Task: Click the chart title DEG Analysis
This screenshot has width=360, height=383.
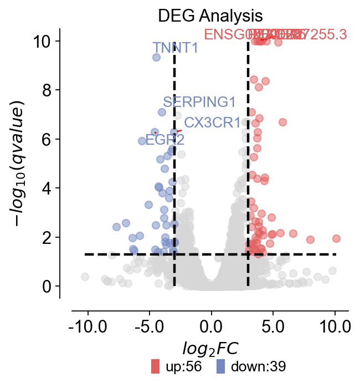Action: coord(210,15)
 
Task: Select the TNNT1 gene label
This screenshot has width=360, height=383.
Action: coord(175,48)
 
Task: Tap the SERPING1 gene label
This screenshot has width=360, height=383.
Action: coord(199,102)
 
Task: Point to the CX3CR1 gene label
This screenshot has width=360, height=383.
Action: coord(212,122)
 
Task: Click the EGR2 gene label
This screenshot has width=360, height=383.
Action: coord(164,139)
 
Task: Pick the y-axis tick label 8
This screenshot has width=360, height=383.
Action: coord(48,90)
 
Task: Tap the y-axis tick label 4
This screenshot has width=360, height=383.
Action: coord(48,188)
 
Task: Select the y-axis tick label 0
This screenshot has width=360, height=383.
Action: coord(48,286)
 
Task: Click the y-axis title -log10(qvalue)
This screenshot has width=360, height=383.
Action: coord(20,164)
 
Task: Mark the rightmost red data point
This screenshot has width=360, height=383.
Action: coord(336,238)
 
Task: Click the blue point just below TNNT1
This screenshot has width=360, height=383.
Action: coord(156,57)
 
